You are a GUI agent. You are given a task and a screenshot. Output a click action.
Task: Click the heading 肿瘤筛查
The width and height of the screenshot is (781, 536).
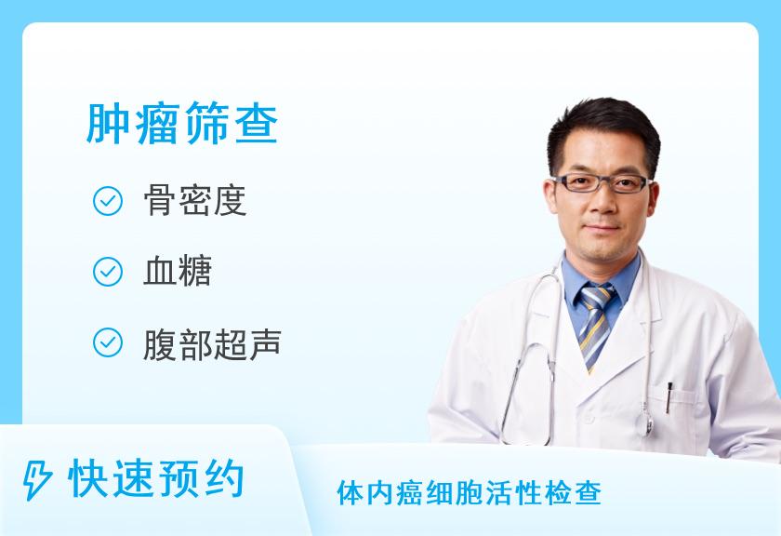182,123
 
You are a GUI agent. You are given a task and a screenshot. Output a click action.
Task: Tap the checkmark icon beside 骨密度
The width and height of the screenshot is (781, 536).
108,201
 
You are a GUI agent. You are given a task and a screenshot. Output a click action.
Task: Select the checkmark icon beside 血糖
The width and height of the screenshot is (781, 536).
108,272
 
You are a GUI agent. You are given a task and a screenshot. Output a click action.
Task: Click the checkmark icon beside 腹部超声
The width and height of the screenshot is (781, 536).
108,342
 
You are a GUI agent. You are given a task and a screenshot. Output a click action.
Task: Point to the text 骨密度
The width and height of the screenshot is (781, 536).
195,200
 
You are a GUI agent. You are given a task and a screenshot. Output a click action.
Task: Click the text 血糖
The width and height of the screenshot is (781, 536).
178,271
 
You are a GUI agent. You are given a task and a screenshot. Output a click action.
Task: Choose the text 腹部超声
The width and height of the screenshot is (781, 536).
212,344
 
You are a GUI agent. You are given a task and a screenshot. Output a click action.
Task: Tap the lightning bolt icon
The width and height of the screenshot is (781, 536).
37,479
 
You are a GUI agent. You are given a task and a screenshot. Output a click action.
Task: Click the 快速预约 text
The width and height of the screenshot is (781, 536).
156,479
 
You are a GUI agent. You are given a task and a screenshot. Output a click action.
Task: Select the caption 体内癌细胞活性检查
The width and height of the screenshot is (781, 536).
470,493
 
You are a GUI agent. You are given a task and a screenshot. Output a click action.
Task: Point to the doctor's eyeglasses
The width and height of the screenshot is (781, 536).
602,183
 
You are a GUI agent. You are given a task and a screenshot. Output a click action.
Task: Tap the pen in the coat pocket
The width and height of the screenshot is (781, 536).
668,397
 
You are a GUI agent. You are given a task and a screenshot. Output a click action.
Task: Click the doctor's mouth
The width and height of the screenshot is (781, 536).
602,228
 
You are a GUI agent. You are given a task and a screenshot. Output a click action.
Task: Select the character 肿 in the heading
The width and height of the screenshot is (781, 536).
108,123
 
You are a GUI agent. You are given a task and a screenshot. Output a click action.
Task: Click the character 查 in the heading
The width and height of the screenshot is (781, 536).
256,123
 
